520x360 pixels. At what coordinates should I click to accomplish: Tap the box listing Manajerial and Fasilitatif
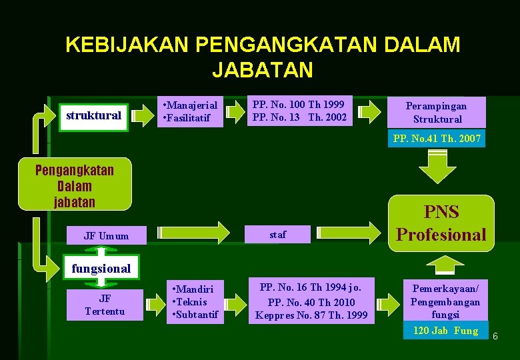190,111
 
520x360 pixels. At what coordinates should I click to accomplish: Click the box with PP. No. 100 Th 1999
299,111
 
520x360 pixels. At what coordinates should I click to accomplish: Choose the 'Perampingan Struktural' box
437,112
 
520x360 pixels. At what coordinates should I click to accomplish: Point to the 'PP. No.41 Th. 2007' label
437,139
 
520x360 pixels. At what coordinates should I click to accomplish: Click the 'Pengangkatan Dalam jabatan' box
75,185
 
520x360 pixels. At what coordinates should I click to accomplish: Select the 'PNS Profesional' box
441,223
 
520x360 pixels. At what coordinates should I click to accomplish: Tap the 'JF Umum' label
106,235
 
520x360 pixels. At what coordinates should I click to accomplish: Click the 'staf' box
277,234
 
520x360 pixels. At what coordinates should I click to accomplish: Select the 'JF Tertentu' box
105,305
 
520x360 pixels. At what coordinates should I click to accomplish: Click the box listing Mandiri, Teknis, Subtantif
195,301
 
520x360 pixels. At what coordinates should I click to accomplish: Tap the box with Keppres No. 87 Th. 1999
311,301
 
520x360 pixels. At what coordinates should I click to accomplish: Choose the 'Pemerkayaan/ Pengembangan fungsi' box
445,301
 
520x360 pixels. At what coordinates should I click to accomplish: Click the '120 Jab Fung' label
445,331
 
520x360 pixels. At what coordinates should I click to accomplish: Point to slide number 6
495,337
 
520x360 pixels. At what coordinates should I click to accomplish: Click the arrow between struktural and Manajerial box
142,115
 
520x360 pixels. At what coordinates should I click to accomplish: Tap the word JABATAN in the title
262,69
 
